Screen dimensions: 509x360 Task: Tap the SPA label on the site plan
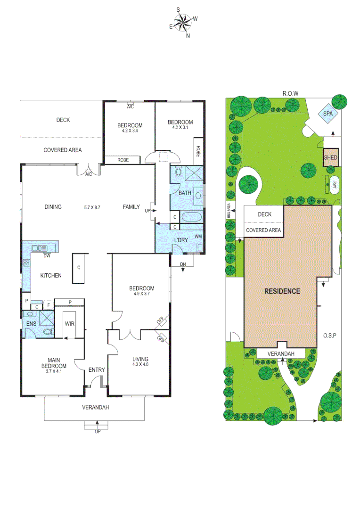(327, 114)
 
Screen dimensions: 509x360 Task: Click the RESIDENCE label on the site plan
(282, 291)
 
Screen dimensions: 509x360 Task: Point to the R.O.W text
(291, 93)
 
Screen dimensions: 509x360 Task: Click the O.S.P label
(329, 336)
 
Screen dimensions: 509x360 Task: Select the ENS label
(31, 324)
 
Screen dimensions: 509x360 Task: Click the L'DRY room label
(181, 240)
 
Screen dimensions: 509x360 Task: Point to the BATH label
(184, 193)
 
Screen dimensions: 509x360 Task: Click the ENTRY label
(97, 370)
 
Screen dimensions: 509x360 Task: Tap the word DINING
(53, 206)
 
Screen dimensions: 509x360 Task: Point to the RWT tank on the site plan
(335, 184)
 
